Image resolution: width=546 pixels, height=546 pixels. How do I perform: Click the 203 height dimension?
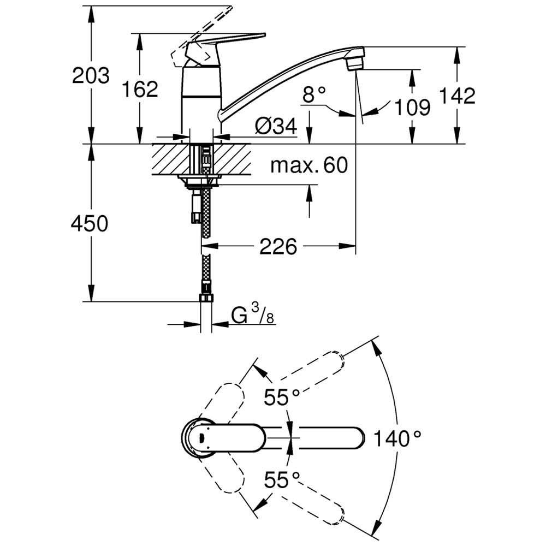click(x=91, y=75)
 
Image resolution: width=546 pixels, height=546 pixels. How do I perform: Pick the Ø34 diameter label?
click(x=276, y=127)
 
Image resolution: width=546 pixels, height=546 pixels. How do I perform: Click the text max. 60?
click(x=308, y=165)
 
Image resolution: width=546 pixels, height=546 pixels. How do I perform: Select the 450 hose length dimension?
click(x=90, y=223)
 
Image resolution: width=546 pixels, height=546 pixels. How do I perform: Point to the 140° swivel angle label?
click(x=399, y=438)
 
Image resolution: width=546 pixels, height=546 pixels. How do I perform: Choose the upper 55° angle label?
click(x=283, y=397)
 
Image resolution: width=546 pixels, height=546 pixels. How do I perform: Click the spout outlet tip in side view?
click(x=355, y=57)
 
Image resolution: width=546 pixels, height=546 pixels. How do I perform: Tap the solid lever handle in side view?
click(x=229, y=40)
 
